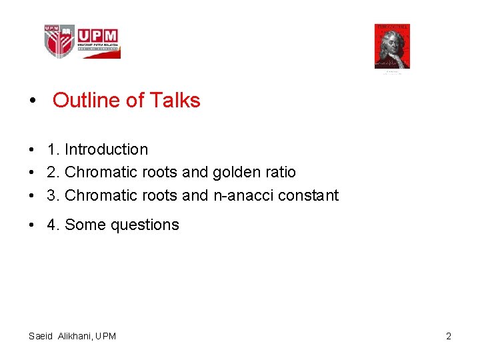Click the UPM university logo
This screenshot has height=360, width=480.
[81, 41]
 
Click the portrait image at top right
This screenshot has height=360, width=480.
[392, 47]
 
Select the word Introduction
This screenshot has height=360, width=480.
[106, 149]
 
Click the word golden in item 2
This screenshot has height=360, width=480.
[235, 172]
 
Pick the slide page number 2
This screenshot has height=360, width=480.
[449, 336]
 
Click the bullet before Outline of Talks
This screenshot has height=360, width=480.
[33, 101]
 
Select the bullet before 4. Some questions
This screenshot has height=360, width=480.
[32, 225]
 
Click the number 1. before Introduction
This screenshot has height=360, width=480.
[53, 149]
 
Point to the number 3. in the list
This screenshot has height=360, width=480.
[53, 195]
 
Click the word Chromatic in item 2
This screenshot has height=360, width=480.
[101, 172]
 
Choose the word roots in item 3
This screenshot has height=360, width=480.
[159, 195]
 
